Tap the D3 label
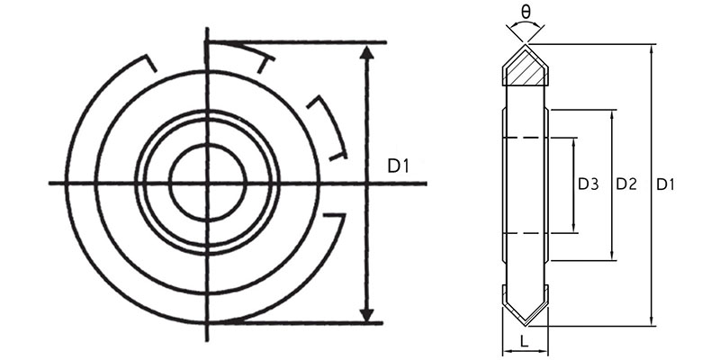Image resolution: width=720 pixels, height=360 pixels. (588, 184)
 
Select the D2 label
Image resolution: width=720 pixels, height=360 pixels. (626, 184)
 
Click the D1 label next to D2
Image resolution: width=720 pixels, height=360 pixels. (666, 184)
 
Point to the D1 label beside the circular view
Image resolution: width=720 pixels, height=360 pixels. (399, 166)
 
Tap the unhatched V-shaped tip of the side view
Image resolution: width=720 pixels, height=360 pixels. (525, 307)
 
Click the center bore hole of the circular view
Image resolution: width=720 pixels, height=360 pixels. (208, 183)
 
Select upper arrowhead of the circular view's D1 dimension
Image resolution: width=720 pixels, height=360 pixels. (366, 52)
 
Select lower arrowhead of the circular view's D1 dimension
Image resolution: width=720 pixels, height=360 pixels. (366, 313)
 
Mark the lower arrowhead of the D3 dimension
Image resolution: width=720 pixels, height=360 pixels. (573, 228)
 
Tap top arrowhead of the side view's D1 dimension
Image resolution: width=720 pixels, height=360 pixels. (651, 47)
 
